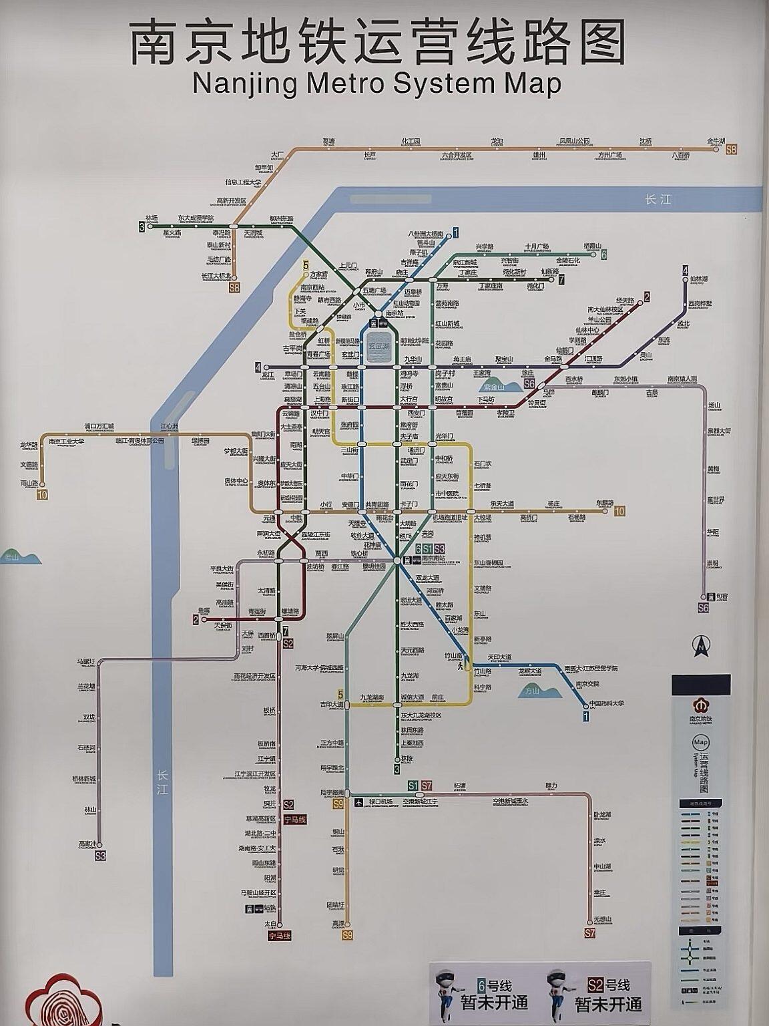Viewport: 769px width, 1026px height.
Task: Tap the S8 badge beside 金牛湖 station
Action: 732,150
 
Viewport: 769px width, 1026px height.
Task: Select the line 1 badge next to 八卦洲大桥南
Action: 455,232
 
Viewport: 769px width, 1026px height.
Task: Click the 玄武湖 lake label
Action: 379,345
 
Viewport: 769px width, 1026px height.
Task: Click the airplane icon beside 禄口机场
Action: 358,802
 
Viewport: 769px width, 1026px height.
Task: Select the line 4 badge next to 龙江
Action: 258,367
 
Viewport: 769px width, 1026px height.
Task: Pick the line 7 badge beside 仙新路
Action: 561,280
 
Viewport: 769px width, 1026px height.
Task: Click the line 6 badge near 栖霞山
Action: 603,254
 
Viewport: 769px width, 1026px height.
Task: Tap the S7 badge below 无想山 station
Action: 589,932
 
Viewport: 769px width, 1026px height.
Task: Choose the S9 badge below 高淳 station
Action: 346,935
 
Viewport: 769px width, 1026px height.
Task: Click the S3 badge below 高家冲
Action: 100,855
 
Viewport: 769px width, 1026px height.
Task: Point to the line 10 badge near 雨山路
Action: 43,494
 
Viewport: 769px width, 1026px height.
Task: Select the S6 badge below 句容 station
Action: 703,608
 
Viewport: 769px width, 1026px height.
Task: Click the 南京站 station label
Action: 395,313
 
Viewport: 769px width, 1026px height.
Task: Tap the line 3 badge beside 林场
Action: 142,227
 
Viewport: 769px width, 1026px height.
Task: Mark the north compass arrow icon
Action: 700,645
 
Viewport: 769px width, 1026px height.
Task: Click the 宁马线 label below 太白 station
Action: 280,936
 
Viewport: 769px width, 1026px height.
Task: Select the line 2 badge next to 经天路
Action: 646,297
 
